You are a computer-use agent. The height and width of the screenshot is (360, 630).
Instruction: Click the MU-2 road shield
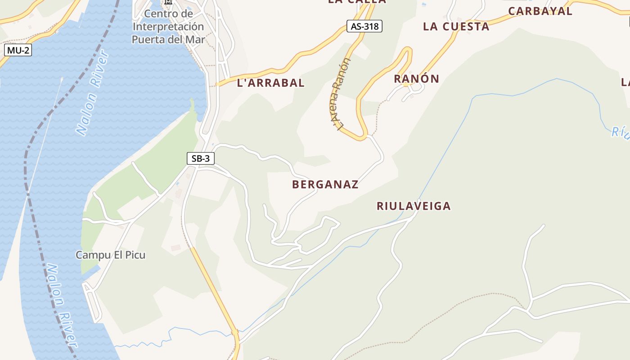[18, 50]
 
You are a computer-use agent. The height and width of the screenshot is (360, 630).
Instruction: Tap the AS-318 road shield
[364, 26]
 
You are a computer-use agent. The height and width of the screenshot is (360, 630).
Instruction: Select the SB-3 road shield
[201, 158]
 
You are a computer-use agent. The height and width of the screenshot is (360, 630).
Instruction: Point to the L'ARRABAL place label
[271, 83]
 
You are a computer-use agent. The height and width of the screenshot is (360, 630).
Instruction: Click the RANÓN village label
[416, 79]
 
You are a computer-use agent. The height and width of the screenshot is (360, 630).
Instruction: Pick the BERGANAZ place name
[325, 184]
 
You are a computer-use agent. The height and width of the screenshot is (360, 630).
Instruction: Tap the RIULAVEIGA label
[413, 206]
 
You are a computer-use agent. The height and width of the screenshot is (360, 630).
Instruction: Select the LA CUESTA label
[456, 27]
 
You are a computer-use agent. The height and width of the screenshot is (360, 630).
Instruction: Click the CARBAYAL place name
[540, 11]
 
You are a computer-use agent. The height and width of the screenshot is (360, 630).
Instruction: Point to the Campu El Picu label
[110, 255]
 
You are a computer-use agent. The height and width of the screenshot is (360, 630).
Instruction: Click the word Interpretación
[168, 27]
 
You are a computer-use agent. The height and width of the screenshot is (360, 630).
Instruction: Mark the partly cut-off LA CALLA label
[357, 2]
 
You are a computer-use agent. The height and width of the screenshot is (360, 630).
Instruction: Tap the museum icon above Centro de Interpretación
[168, 2]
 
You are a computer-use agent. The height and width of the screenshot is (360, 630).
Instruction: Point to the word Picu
[135, 255]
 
